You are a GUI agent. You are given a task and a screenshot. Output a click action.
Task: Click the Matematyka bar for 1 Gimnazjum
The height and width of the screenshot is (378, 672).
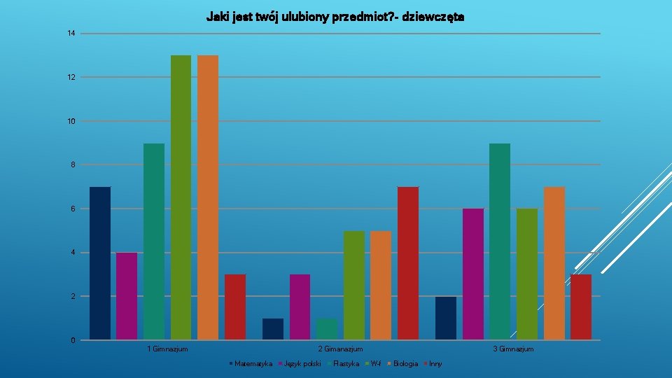coord(100,263)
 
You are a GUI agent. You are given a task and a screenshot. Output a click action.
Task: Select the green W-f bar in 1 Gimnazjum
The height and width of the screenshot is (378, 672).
coord(181,197)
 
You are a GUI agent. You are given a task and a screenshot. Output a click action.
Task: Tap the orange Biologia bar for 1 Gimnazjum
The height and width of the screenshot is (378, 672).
coord(208,197)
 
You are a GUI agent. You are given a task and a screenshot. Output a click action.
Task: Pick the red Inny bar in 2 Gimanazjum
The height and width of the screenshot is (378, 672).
coord(408,263)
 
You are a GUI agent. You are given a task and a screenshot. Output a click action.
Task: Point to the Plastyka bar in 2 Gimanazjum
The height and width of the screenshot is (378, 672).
coord(327,329)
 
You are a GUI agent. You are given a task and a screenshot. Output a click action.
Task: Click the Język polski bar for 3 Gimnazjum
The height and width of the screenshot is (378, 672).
coord(473,274)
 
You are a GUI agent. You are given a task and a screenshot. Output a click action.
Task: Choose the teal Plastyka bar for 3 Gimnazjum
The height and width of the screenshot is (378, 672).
coord(500,241)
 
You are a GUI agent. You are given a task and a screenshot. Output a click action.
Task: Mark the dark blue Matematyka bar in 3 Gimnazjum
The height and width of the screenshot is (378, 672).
coord(446,318)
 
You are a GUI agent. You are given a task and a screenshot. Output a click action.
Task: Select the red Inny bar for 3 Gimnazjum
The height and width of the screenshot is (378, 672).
coord(581,307)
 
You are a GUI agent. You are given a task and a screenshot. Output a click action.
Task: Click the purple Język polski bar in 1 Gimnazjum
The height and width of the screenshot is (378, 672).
coord(127,296)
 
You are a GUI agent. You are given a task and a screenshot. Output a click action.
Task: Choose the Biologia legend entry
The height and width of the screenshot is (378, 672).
coord(405,363)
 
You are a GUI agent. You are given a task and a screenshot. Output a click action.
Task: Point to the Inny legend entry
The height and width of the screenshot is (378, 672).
coord(435,363)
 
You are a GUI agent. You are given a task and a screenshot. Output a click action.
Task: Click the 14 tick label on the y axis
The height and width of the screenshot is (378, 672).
coord(71,34)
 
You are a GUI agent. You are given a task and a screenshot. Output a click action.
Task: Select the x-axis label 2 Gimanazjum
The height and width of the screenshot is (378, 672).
coord(340,349)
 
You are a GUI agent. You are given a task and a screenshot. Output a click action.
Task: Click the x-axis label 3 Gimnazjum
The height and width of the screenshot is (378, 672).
coord(513,349)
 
